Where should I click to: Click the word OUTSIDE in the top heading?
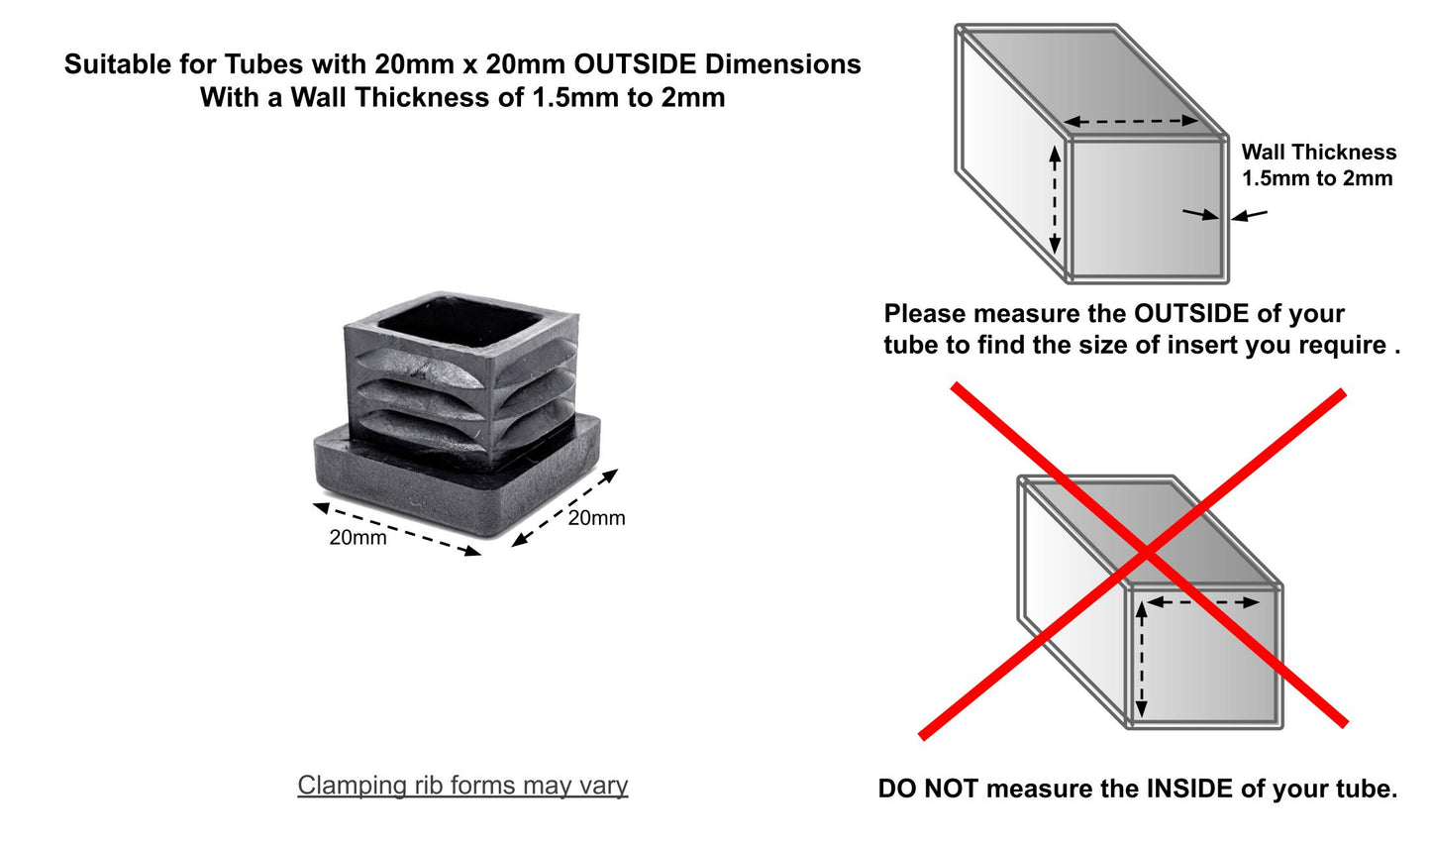click(635, 64)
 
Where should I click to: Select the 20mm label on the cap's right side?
click(596, 517)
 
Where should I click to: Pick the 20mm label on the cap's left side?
click(358, 537)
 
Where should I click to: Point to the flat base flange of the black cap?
click(458, 476)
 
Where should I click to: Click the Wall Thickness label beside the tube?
click(1318, 153)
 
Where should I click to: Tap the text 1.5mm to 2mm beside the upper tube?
click(1317, 178)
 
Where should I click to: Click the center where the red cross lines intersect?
click(1147, 554)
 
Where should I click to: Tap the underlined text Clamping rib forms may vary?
click(462, 786)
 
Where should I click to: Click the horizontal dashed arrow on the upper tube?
click(1131, 121)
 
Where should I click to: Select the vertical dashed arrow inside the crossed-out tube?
click(1141, 659)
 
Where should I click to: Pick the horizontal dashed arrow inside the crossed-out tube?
click(1203, 602)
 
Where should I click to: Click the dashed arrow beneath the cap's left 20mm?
click(397, 529)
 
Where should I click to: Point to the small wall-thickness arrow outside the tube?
click(1249, 215)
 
